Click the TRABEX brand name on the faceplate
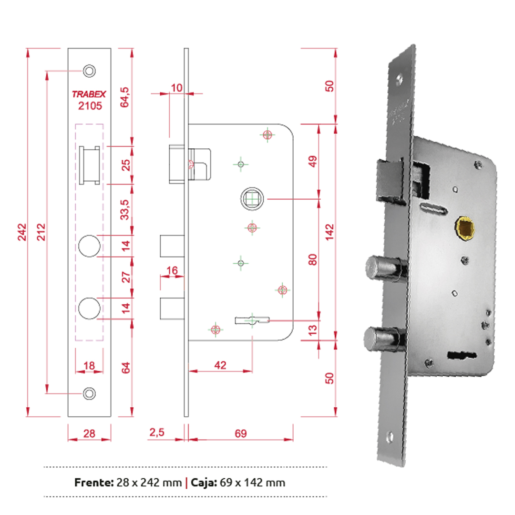(x=89, y=94)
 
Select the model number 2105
(x=90, y=106)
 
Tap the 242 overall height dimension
(x=21, y=232)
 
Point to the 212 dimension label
(x=41, y=232)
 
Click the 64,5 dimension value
(x=125, y=97)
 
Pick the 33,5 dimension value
(x=125, y=209)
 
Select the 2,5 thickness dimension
(x=157, y=432)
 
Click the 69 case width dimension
(x=240, y=433)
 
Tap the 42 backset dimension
(x=220, y=365)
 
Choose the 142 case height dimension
(x=330, y=232)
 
